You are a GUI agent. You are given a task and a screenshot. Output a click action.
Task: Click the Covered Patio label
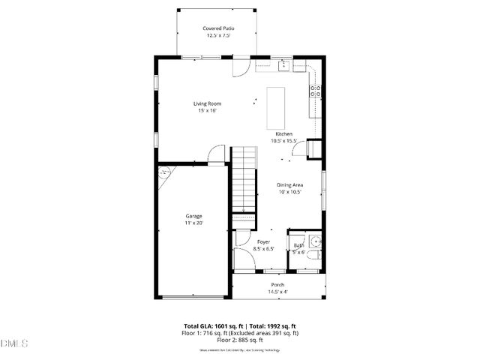tap(217, 28)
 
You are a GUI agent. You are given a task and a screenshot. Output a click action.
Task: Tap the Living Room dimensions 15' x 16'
tap(207, 111)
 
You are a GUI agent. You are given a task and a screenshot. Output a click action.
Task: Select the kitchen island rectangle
tap(277, 106)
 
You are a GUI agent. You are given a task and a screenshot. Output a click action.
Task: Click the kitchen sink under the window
tap(284, 66)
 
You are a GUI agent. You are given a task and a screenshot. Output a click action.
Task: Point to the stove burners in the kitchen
tap(316, 91)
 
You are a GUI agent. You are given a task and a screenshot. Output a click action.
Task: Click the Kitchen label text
tap(284, 134)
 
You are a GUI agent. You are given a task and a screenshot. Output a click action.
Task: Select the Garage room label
tap(194, 216)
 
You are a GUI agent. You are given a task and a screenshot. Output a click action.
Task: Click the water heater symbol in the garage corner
tap(164, 172)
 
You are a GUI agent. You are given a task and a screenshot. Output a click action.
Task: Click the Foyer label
tap(263, 242)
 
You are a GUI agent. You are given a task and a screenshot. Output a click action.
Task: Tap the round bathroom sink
tap(316, 241)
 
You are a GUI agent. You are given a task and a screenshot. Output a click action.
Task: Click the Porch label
tap(277, 285)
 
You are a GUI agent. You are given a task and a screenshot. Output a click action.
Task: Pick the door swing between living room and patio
tap(240, 67)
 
